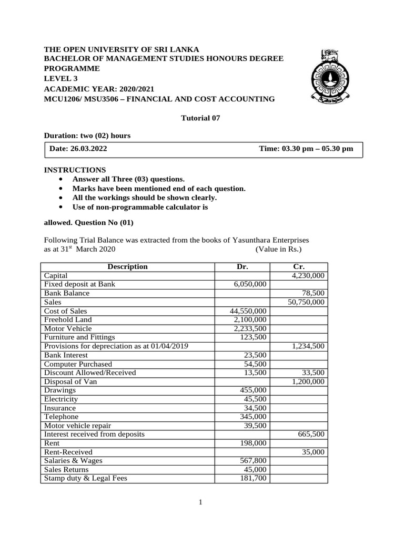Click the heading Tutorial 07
point(200,118)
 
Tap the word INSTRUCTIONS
point(75,170)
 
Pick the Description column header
point(127,267)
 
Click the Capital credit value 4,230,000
point(307,275)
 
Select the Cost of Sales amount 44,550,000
point(248,311)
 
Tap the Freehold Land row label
point(68,319)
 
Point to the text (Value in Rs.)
point(279,249)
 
